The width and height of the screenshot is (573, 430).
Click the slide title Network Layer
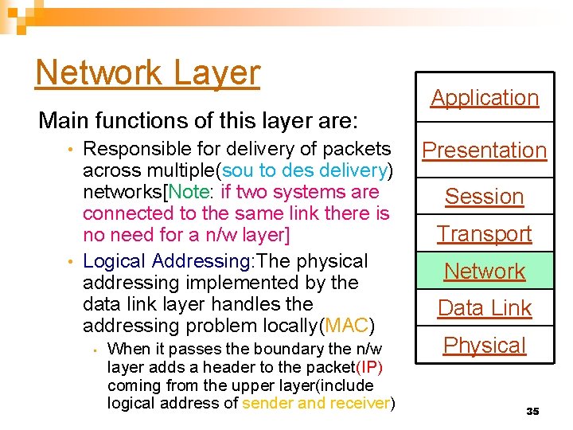click(147, 73)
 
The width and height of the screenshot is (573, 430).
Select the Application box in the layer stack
click(485, 98)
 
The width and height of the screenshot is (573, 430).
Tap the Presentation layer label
click(485, 150)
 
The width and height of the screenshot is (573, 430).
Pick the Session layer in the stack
click(485, 196)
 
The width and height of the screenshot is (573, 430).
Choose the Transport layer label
click(485, 233)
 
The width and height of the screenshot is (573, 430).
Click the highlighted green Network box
click(485, 271)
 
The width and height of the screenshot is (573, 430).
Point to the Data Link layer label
click(485, 307)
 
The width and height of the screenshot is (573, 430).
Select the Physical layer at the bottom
click(485, 345)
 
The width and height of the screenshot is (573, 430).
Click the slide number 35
click(532, 411)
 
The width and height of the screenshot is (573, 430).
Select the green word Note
click(188, 192)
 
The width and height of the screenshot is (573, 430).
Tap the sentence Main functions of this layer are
click(198, 121)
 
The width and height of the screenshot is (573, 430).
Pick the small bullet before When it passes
click(94, 350)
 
